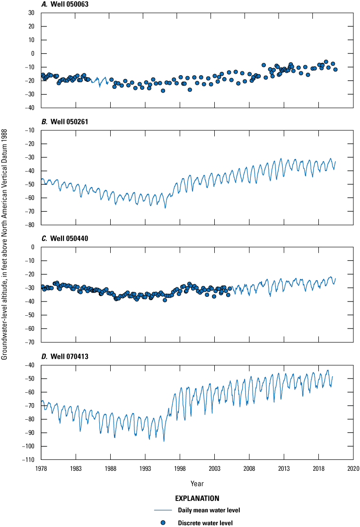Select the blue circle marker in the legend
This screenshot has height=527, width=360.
click(x=162, y=522)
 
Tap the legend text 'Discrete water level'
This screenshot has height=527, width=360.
click(x=205, y=522)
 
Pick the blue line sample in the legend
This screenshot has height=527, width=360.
click(x=162, y=510)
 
